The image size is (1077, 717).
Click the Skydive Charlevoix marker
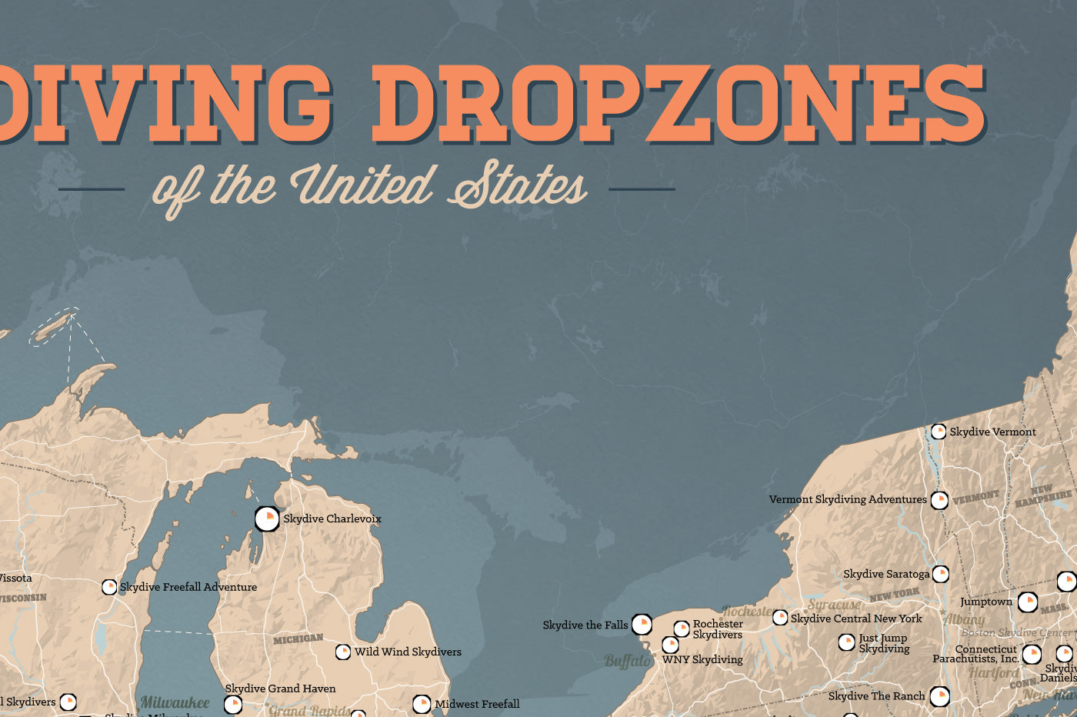[267, 519]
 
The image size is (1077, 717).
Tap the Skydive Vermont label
[992, 432]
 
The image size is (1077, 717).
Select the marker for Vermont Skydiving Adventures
[939, 500]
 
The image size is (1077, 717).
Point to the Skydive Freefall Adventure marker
[109, 587]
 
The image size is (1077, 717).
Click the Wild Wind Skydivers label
[408, 652]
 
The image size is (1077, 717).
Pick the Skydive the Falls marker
[642, 624]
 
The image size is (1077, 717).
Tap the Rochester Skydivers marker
[682, 629]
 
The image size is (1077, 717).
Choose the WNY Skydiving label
[702, 659]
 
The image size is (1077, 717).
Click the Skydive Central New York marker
[780, 618]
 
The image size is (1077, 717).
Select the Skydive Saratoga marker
[940, 574]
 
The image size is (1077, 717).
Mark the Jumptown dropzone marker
[1028, 602]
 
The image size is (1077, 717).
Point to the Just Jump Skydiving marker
[846, 642]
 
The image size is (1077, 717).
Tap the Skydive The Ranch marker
[939, 696]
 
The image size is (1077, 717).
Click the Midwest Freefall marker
[422, 703]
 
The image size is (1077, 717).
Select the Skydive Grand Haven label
[280, 689]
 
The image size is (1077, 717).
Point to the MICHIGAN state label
[298, 639]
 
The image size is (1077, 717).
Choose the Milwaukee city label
[175, 702]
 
